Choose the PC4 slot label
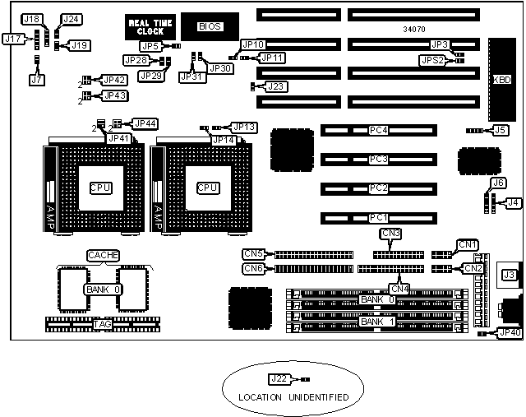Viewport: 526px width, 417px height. [x=378, y=130]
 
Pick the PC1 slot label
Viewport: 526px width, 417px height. [x=378, y=218]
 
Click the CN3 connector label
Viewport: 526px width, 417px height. [x=391, y=234]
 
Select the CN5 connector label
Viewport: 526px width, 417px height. [x=253, y=253]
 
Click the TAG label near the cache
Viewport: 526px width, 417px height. [x=103, y=324]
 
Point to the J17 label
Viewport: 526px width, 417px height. [x=14, y=38]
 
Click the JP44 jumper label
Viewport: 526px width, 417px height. [x=145, y=123]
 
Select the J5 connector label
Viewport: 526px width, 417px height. [x=500, y=129]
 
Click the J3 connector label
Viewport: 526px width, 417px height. [x=508, y=275]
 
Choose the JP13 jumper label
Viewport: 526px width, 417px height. [x=244, y=127]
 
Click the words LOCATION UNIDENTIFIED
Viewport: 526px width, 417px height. [x=293, y=397]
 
